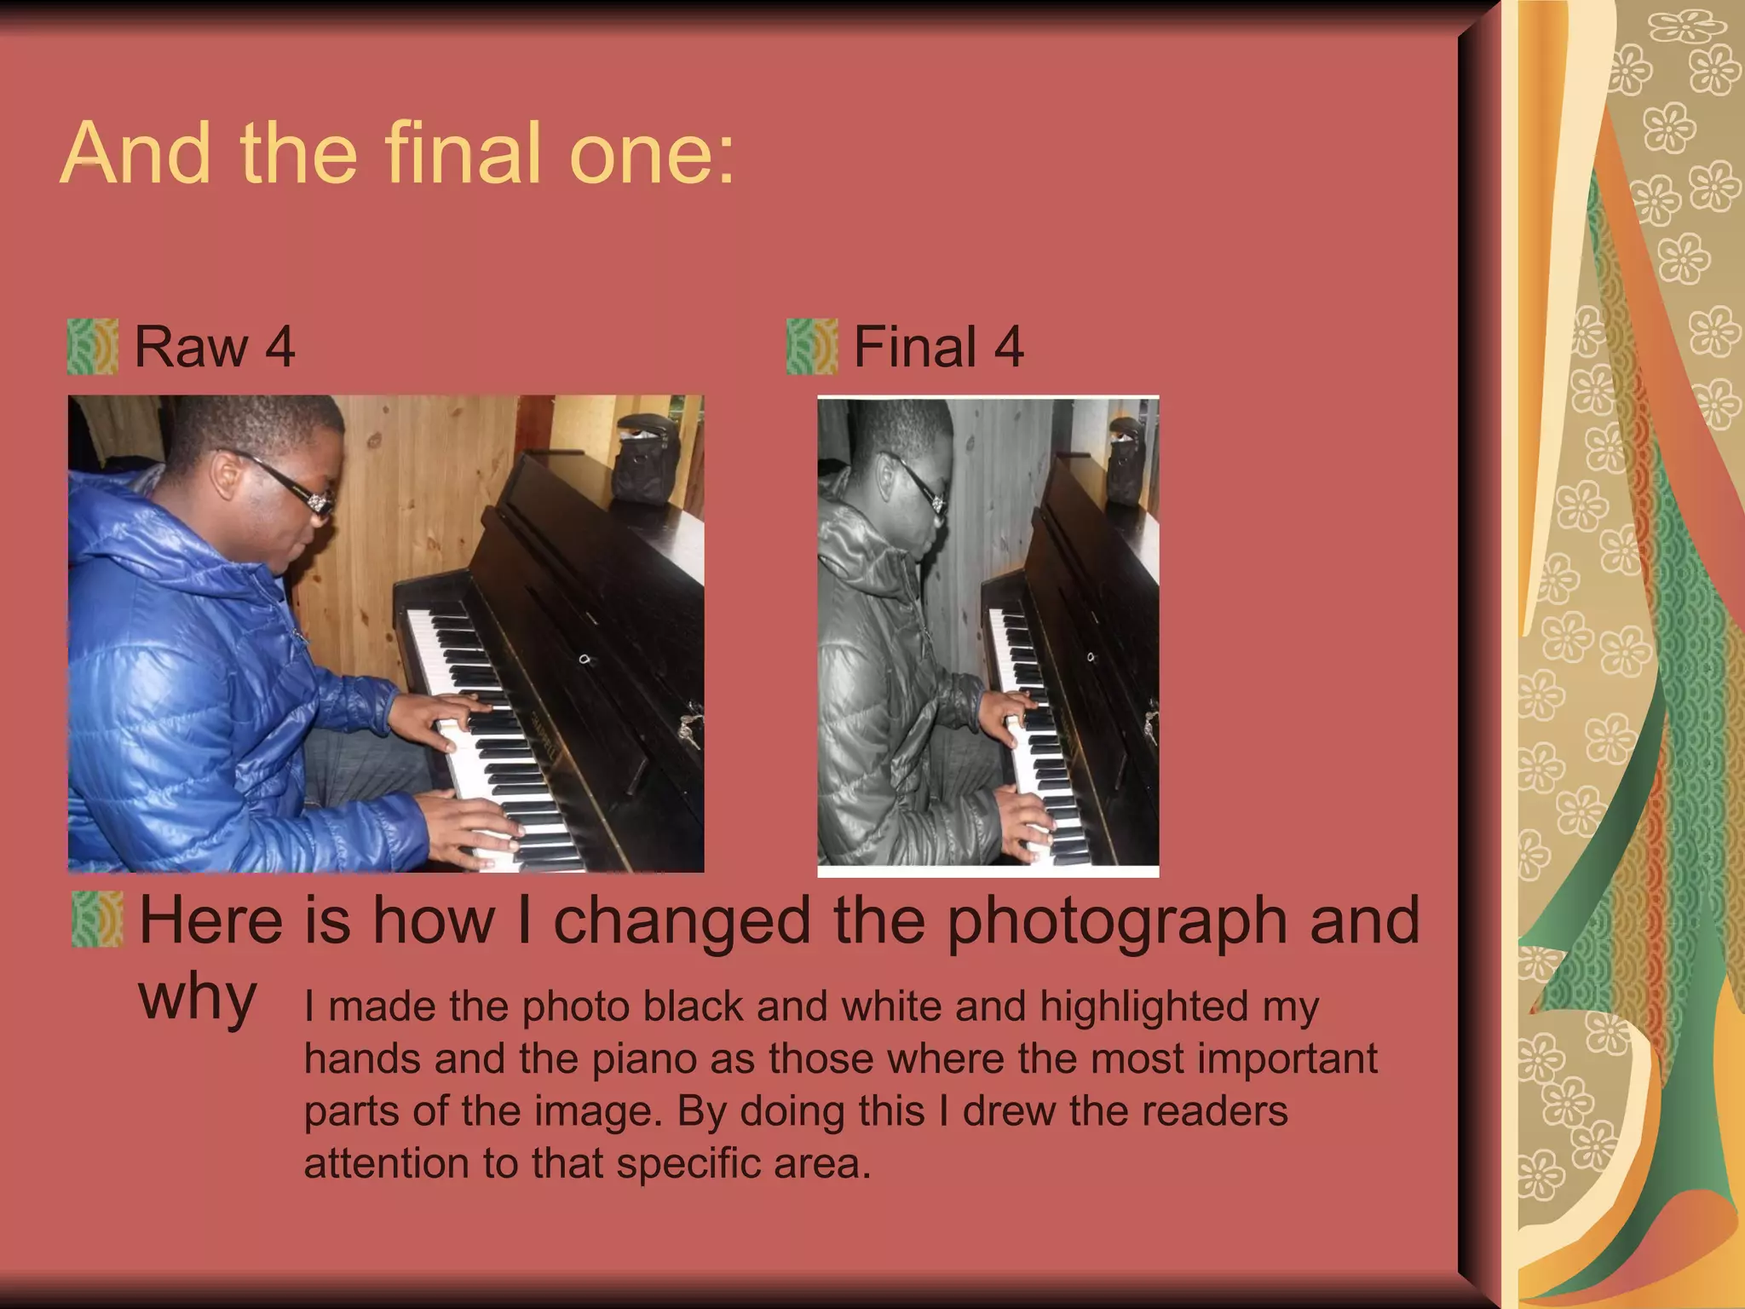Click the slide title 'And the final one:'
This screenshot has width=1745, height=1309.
coord(397,153)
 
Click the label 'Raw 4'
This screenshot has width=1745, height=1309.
coord(214,347)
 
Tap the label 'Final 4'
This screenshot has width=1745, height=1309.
coord(937,347)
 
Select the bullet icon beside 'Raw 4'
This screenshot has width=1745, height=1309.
coord(92,347)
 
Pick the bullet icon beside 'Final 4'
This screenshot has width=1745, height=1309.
coord(811,347)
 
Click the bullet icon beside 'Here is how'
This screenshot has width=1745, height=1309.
coord(97,920)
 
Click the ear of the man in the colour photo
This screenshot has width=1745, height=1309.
coord(225,474)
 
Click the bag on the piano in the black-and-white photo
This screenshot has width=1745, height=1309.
coord(1126,464)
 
